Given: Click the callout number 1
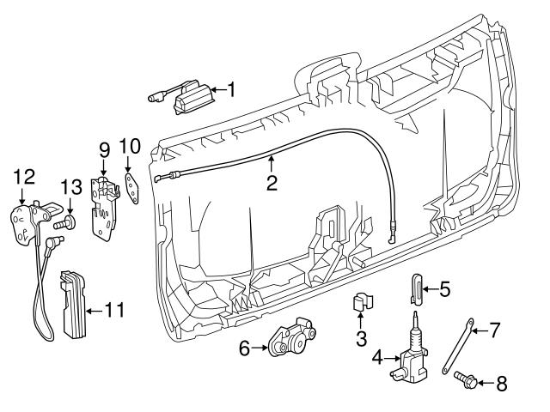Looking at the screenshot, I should (229, 88).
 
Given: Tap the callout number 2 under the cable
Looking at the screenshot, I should (272, 182).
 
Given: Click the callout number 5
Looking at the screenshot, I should (444, 288).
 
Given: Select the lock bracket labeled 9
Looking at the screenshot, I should (105, 202).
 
